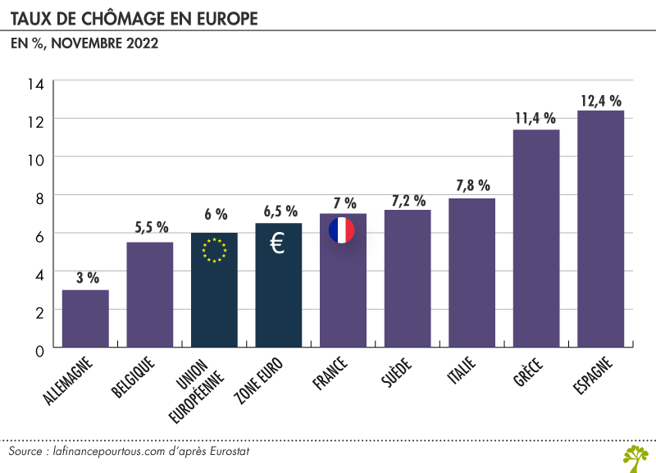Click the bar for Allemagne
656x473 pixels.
click(85, 320)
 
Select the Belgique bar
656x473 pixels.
click(149, 295)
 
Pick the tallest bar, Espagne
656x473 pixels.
click(600, 230)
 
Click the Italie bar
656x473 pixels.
click(471, 274)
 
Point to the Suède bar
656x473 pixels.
click(408, 280)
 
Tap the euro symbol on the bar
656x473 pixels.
click(278, 243)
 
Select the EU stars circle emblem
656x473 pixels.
click(214, 250)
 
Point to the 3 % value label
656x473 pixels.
click(85, 278)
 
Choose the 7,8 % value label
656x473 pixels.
click(472, 186)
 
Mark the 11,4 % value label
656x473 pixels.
click(536, 118)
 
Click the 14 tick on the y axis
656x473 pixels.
click(35, 84)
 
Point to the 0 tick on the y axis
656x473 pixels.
click(39, 350)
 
